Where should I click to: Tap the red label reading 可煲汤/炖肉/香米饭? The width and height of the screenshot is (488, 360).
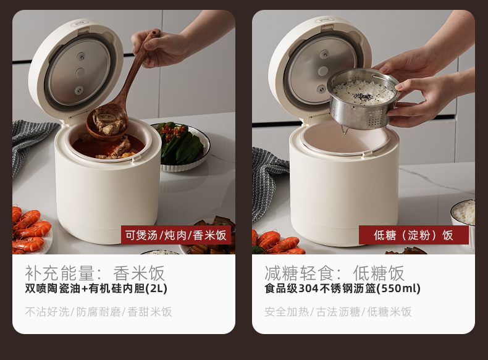pyautogui.click(x=176, y=235)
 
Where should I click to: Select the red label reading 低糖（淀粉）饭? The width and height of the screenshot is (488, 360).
pyautogui.click(x=413, y=235)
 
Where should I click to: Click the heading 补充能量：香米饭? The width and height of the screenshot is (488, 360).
pyautogui.click(x=95, y=272)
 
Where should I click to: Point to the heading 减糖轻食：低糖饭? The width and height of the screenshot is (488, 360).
pyautogui.click(x=334, y=272)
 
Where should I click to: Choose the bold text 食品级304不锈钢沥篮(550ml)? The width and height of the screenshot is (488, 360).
pyautogui.click(x=342, y=288)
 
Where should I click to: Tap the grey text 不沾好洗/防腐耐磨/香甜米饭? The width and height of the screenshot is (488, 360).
pyautogui.click(x=98, y=312)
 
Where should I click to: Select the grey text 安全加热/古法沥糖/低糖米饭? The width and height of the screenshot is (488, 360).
pyautogui.click(x=338, y=312)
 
